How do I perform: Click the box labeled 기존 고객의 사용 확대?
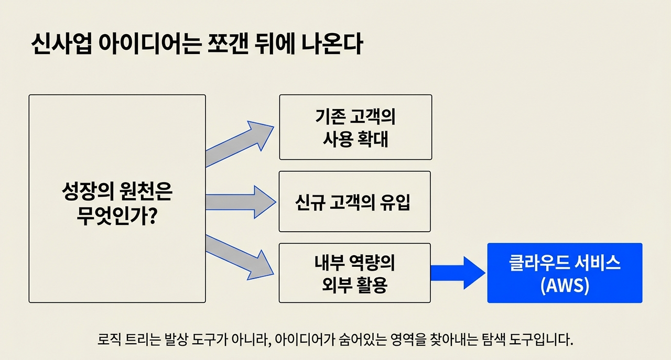355,127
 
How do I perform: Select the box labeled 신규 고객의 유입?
354,201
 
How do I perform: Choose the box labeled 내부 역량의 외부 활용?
354,273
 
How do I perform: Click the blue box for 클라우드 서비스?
565,272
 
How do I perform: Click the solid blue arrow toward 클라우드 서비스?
457,273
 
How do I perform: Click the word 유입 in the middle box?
396,202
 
